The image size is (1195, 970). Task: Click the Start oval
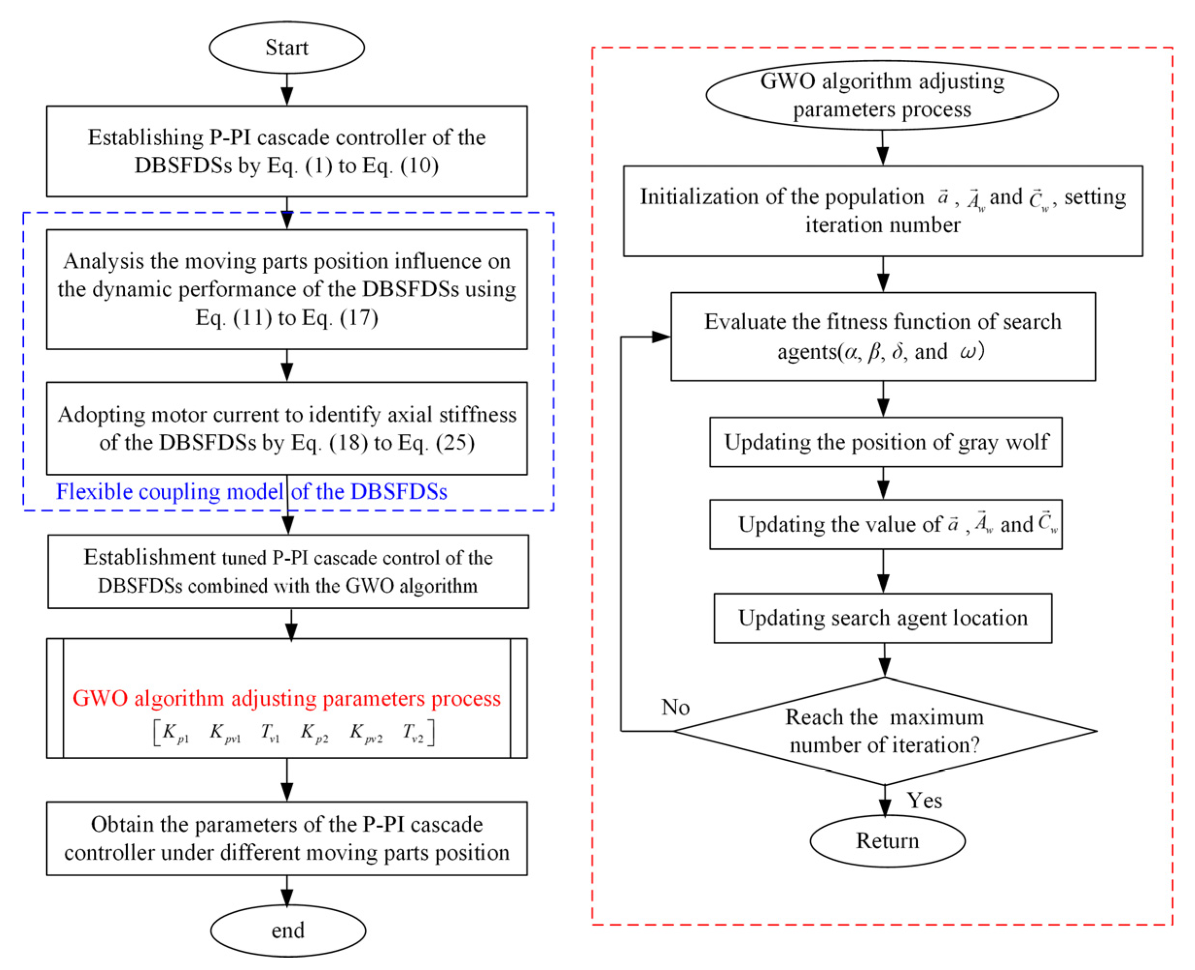pos(287,48)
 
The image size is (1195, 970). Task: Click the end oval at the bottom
pos(288,930)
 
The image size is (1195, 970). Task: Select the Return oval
pos(887,841)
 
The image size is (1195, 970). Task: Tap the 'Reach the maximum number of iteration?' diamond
pos(884,731)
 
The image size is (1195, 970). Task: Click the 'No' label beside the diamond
pos(675,707)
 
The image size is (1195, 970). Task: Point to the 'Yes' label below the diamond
pos(924,801)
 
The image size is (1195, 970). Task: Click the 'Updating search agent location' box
pos(883,618)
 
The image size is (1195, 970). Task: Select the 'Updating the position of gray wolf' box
pos(886,442)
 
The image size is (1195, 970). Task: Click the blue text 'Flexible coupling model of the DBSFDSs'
pos(252,492)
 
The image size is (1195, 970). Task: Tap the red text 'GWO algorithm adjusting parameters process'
pos(287,699)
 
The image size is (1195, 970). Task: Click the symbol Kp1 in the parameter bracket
pos(175,733)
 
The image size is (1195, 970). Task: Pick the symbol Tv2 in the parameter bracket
pos(413,733)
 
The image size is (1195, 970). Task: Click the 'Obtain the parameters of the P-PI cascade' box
pos(287,838)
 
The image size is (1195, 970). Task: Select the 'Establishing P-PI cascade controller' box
pos(287,151)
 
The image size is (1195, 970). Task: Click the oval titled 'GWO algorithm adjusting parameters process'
pos(882,95)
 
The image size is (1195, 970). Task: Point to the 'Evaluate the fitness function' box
pos(883,336)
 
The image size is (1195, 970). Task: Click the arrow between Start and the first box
pos(287,89)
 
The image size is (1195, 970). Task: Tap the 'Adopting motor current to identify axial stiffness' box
pos(287,429)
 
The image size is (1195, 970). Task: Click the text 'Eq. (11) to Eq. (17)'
pos(287,318)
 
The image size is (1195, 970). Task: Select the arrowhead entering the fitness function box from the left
pos(661,336)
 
